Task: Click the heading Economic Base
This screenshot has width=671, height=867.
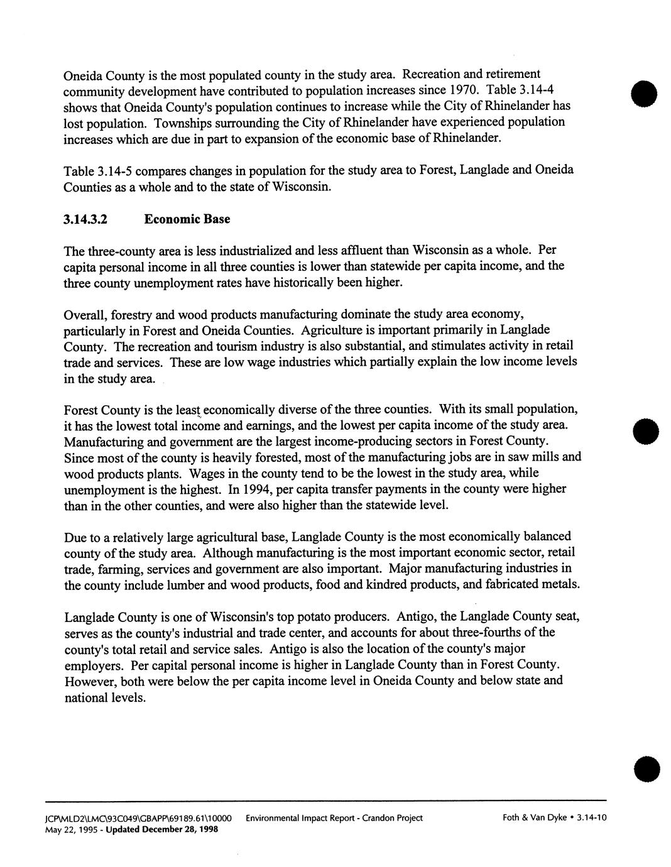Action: [187, 219]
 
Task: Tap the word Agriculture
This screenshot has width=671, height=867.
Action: [332, 330]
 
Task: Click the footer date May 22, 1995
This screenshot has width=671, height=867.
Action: [89, 829]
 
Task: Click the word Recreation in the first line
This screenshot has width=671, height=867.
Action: [438, 75]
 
